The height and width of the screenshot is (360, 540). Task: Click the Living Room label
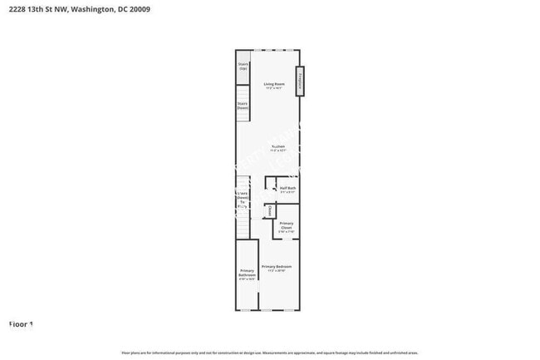(x=274, y=84)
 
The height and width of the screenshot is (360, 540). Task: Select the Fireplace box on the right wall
(x=302, y=82)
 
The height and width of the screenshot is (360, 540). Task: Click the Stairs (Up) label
(x=243, y=66)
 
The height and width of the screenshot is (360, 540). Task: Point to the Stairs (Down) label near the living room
(x=243, y=106)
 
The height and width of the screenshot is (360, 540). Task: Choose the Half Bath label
(x=287, y=188)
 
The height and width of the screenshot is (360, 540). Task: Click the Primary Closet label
(x=286, y=225)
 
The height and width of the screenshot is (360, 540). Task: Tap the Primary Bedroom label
(x=277, y=267)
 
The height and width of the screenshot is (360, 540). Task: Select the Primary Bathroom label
(x=247, y=274)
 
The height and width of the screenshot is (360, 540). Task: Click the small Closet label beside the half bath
(x=270, y=211)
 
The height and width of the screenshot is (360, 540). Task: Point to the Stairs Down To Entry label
(x=243, y=200)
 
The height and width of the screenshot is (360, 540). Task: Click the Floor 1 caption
(x=21, y=323)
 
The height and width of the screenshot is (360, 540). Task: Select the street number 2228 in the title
(x=17, y=8)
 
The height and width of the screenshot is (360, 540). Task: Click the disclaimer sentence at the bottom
(x=270, y=353)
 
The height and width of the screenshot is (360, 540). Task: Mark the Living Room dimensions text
(x=274, y=88)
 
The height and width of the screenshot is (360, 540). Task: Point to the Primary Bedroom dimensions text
(x=277, y=271)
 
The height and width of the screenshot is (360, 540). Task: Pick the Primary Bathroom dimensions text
(x=247, y=279)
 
